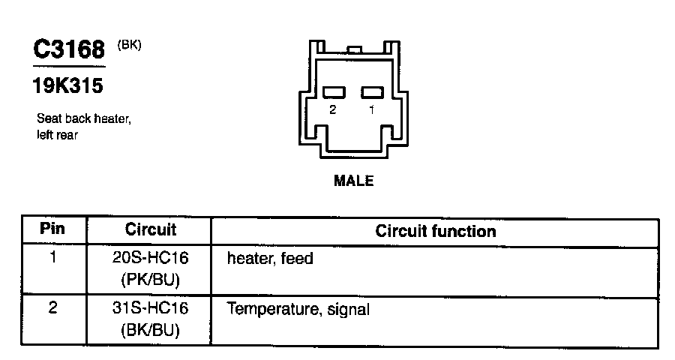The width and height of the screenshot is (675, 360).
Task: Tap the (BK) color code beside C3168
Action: click(x=129, y=45)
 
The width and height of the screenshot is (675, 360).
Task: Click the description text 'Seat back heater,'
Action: click(x=84, y=119)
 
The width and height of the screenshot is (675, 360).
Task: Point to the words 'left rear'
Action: click(x=58, y=136)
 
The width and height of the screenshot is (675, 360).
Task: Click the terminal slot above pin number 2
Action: click(x=334, y=92)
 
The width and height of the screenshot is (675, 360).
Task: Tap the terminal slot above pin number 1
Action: click(x=372, y=92)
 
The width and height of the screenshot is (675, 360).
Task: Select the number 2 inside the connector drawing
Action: click(x=333, y=110)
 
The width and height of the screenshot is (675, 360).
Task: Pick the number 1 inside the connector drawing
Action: click(x=371, y=110)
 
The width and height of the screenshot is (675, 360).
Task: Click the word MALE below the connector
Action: click(x=354, y=181)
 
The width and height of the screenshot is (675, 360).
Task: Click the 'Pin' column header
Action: click(x=53, y=229)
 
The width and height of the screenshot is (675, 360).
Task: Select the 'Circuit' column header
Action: click(x=150, y=229)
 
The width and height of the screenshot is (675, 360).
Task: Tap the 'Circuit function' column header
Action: click(x=435, y=230)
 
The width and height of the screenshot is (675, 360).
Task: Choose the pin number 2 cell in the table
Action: click(x=53, y=307)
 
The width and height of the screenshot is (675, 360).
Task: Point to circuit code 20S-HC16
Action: click(x=150, y=259)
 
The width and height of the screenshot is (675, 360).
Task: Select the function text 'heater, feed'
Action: click(x=269, y=259)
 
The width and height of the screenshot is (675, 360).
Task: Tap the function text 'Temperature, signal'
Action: click(x=298, y=308)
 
